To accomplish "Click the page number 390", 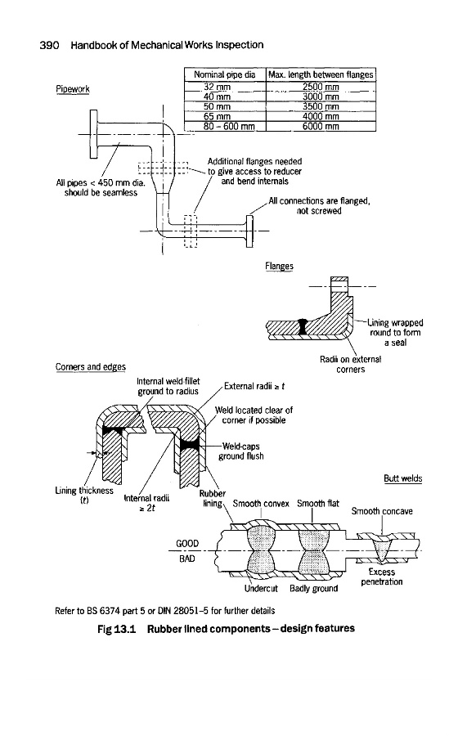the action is [x=49, y=45].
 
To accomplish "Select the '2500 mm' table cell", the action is [x=321, y=87].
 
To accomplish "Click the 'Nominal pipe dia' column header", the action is [x=226, y=74].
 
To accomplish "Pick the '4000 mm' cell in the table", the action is [x=321, y=116].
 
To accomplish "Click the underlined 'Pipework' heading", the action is [x=73, y=88].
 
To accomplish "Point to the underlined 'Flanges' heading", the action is [x=279, y=266].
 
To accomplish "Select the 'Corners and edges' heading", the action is [x=91, y=366].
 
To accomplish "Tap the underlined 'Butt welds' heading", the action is [x=403, y=478].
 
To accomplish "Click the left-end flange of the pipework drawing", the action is [x=94, y=134].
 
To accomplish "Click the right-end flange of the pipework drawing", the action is [x=249, y=231].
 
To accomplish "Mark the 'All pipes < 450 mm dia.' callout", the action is [x=101, y=182].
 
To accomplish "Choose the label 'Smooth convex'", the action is [x=261, y=504].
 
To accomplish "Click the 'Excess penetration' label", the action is [x=382, y=577].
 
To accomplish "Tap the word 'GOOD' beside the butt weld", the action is [x=187, y=544].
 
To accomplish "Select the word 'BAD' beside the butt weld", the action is [x=187, y=559].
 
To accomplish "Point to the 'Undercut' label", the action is [x=261, y=589].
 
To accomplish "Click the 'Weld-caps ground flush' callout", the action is [x=241, y=451].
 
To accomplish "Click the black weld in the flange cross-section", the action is [x=303, y=326].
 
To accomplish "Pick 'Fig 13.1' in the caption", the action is [x=116, y=629].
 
